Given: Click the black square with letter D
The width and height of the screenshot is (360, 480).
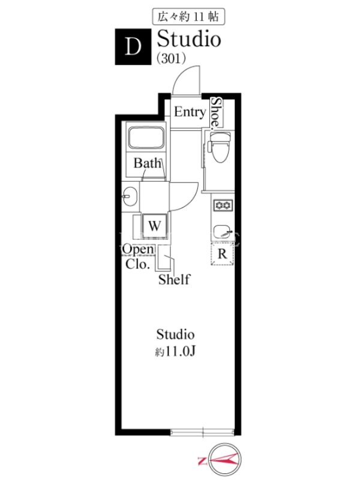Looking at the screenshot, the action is point(133,47).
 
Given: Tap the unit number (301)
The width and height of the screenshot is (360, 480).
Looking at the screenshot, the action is point(171,58).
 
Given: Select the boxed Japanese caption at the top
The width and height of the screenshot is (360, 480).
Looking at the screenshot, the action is point(188,17).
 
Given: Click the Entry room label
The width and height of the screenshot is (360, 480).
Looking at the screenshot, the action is point(190,112).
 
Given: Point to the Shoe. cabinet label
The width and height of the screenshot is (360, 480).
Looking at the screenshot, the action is point(217,112).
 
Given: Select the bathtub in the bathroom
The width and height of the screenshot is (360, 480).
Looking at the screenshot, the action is point(146,138).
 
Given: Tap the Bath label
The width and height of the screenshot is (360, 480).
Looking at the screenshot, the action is point(147,163).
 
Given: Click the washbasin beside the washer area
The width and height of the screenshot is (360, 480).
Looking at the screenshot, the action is point(130,196).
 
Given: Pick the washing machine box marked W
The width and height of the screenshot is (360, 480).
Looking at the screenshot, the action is point(155,226).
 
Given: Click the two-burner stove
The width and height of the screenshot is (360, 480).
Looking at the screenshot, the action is point(223,205).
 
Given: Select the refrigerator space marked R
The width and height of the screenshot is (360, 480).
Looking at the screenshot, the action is point(222,254).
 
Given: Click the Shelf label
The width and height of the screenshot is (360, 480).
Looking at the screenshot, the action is point(174,280).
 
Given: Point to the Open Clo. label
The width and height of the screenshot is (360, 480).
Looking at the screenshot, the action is point(138,257).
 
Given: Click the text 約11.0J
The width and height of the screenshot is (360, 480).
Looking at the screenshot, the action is point(175,352).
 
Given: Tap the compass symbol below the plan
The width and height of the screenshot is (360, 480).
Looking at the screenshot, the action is point(225,459).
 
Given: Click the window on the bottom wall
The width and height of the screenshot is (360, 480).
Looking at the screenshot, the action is point(202,433).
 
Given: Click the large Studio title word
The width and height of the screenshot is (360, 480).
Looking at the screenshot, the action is point(189,39).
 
